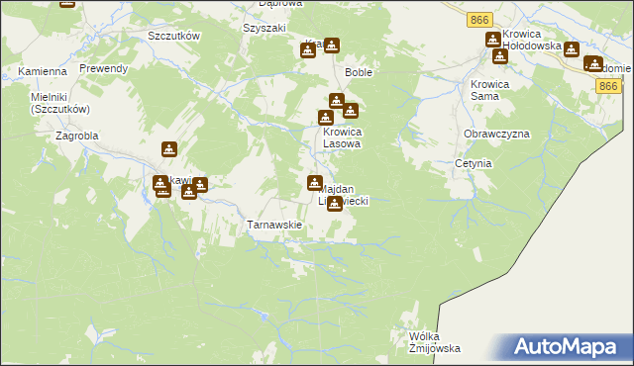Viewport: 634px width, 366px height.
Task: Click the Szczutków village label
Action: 173,36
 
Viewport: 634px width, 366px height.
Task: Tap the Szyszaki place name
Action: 264,28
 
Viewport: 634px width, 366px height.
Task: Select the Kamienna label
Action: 42,71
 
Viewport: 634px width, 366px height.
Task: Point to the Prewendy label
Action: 104,68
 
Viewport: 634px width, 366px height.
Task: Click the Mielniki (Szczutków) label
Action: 60,103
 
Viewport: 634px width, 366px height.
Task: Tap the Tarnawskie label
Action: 273,225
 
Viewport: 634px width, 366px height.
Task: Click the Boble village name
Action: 358,72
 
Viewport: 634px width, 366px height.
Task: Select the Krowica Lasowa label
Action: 341,137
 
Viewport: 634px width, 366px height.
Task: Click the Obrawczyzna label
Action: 496,134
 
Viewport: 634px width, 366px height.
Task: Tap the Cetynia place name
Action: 474,163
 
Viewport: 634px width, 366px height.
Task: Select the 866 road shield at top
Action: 480,19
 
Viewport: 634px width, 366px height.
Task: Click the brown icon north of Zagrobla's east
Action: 169,149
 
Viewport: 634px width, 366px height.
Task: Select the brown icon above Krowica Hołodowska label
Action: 492,40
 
